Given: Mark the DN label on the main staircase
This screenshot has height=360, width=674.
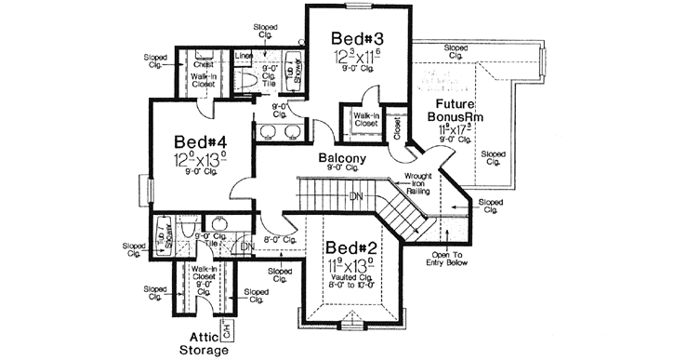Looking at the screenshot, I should point(354,196).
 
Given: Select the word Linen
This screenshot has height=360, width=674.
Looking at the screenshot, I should point(243,55).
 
